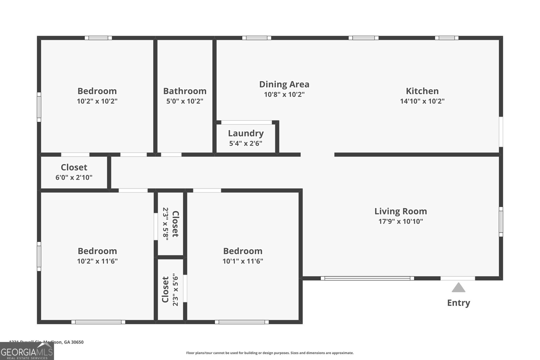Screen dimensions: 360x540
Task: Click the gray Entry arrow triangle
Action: [x=458, y=288]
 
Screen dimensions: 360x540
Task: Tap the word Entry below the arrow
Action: [x=458, y=303]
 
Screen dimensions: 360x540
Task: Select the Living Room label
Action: [x=401, y=211]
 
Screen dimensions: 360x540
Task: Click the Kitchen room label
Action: [x=422, y=91]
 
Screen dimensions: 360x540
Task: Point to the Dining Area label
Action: [x=284, y=84]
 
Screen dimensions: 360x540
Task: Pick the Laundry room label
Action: [x=246, y=133]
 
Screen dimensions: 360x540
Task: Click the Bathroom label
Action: [x=185, y=91]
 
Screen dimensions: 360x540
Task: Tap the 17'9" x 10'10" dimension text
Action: [x=401, y=221]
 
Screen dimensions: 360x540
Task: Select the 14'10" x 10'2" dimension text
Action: [x=422, y=101]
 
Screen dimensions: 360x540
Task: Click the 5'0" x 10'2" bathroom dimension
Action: [x=185, y=101]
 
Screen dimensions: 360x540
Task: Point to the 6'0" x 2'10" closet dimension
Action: [x=74, y=177]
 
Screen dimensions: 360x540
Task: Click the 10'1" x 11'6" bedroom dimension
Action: [x=243, y=261]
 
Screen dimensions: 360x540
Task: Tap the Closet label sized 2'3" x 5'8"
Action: [x=175, y=224]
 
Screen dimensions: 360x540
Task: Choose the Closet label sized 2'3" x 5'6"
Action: [x=165, y=289]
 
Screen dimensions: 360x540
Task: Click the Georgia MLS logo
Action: [x=27, y=351]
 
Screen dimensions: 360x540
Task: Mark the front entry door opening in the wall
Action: [x=458, y=278]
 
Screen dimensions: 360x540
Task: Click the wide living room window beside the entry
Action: [x=367, y=278]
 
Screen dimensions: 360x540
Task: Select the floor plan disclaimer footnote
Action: [x=270, y=353]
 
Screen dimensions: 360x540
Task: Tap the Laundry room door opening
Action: [x=246, y=122]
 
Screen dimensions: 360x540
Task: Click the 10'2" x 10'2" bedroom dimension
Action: [x=97, y=101]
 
